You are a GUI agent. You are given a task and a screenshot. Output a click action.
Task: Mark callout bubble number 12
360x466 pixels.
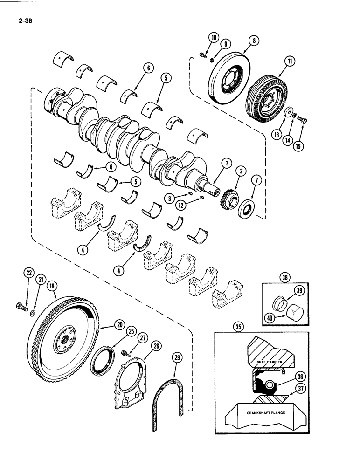tap(182, 203)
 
